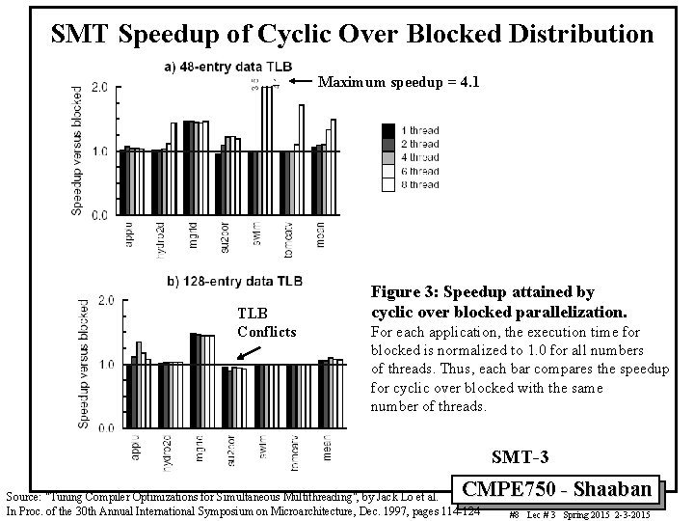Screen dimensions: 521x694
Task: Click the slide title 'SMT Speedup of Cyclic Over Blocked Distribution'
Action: [352, 36]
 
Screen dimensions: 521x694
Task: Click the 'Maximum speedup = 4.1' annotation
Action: [398, 82]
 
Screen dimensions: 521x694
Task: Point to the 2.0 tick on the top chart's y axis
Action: [99, 88]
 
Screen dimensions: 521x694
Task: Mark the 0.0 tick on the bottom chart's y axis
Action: [105, 427]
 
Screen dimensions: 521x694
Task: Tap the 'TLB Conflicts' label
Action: [267, 322]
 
